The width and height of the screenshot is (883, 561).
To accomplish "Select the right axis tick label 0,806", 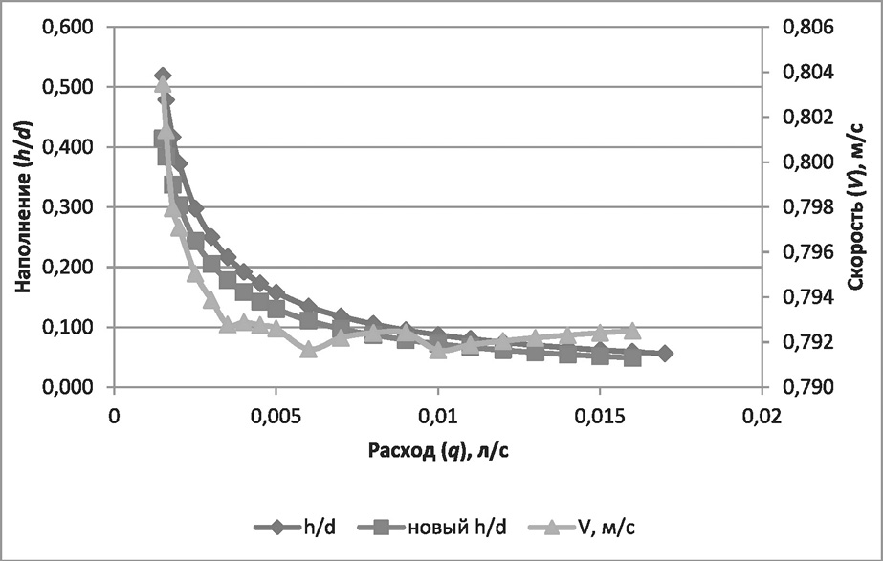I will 808,28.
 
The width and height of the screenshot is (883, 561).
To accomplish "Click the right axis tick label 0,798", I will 808,207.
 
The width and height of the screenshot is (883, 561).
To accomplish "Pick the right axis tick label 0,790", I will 808,387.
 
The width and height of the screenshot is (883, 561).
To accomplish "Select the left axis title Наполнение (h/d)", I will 26,206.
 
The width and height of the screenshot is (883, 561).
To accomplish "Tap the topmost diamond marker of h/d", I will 163,76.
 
